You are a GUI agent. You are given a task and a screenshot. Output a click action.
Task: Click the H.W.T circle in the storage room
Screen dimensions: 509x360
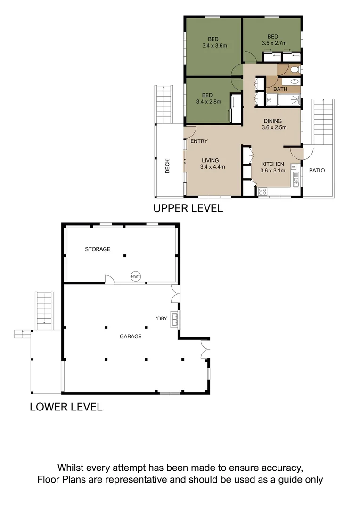coord(136,277)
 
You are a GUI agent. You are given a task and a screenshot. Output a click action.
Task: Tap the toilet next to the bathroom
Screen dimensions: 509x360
coord(294,70)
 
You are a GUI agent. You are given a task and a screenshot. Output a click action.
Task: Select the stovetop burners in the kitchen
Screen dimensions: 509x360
coord(262,191)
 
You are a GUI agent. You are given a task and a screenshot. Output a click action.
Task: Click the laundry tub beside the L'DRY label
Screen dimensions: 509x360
coord(175,320)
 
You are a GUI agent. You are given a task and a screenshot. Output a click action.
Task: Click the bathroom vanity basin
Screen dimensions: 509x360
coord(294,82)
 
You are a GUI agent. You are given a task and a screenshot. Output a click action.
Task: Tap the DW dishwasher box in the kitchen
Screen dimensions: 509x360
coord(294,167)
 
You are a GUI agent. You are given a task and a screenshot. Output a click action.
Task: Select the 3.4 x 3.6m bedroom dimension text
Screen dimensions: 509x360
coord(214,46)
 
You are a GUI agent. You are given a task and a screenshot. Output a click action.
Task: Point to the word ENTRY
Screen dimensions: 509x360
coord(199,141)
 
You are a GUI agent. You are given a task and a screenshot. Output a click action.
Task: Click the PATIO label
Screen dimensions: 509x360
coord(317,171)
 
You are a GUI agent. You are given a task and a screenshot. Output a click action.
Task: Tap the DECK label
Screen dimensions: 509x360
coord(167,166)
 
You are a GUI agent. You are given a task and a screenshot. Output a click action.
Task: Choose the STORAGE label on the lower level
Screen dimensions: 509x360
coord(98,249)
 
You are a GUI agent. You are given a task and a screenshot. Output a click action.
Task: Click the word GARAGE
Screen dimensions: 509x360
coord(131,337)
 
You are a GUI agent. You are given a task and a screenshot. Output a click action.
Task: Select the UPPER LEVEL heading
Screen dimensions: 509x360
coord(188,208)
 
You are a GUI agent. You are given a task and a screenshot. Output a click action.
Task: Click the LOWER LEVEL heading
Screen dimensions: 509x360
coord(66,407)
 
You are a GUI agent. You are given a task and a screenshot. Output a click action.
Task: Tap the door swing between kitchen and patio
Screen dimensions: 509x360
coord(302,154)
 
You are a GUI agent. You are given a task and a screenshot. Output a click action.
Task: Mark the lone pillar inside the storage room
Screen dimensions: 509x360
coord(125,256)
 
